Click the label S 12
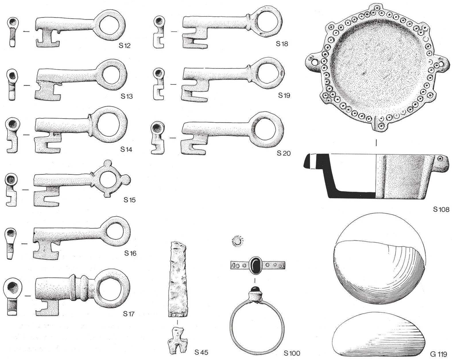125,45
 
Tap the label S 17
129,314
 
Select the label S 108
441,209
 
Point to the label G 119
438,354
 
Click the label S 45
201,352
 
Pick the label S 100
292,353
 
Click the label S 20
284,153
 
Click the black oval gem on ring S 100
255,265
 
